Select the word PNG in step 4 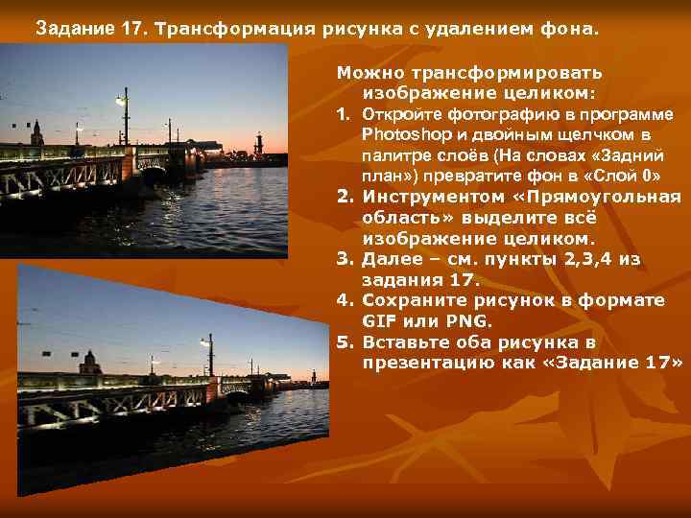coord(463,321)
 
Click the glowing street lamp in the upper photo coord(121,101)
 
